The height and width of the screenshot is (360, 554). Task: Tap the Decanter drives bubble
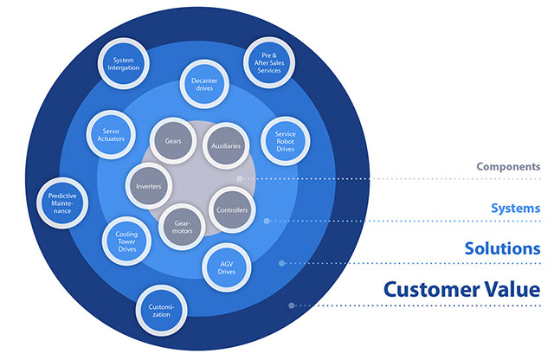tap(203, 87)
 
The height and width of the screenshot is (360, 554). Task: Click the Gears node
tap(172, 138)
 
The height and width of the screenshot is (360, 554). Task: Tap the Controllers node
tap(231, 209)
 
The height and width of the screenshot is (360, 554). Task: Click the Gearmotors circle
tap(183, 227)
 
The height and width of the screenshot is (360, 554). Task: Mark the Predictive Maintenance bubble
tap(63, 202)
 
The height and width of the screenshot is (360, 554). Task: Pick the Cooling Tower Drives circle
tap(126, 240)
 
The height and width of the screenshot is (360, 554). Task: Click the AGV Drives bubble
tap(227, 267)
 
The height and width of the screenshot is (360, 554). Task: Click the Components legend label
tap(508, 166)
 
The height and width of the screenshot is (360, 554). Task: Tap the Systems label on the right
tap(515, 209)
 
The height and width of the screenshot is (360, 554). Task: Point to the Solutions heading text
tap(502, 248)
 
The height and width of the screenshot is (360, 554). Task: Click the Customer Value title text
tap(462, 289)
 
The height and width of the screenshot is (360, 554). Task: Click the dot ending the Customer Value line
tap(293, 305)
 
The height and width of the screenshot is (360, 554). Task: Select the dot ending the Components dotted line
tap(240, 179)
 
